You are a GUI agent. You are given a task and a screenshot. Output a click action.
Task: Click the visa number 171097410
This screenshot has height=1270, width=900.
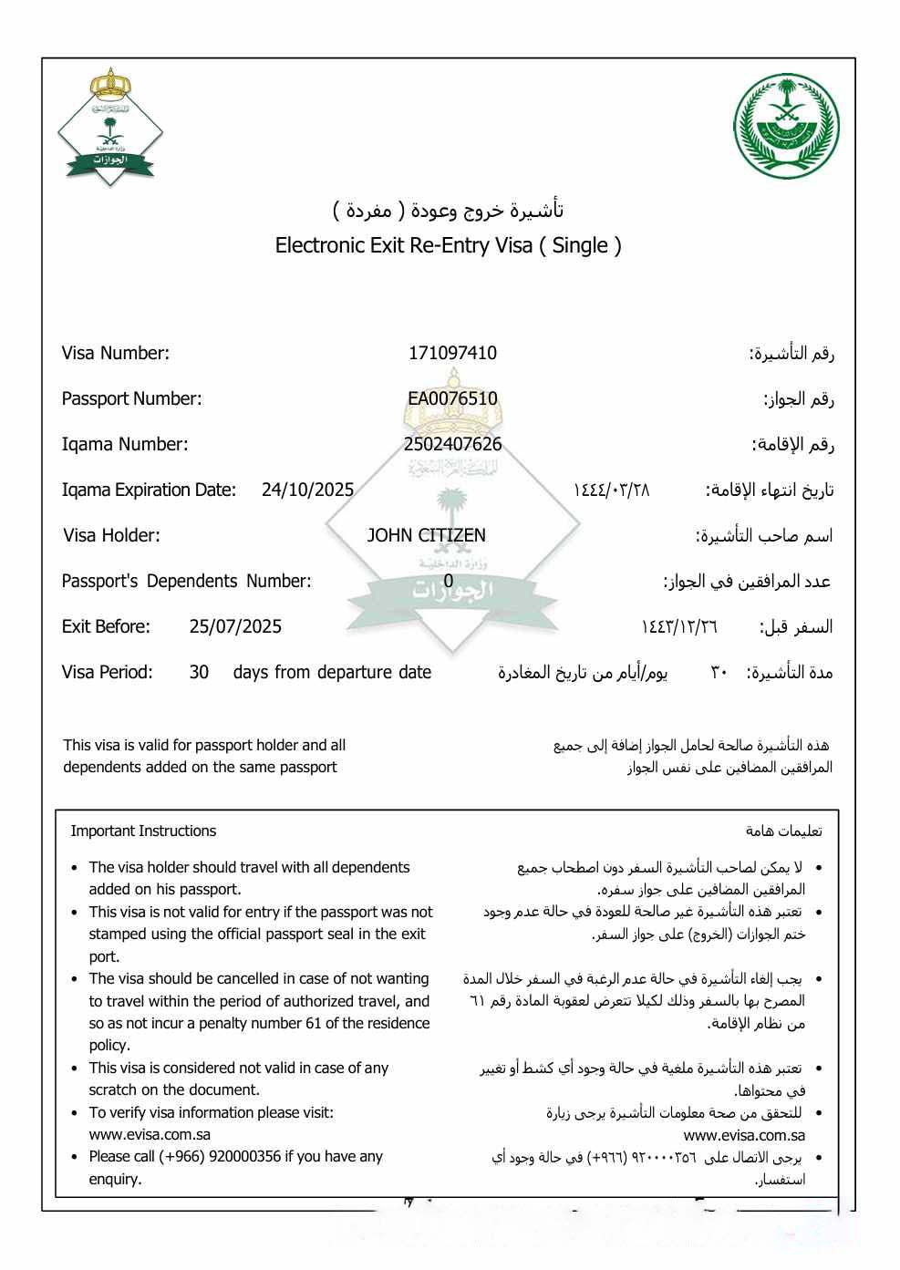point(452,353)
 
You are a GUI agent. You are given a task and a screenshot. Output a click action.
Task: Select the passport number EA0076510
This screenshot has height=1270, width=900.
point(452,398)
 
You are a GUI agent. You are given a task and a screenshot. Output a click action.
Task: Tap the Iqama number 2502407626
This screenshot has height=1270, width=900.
point(452,444)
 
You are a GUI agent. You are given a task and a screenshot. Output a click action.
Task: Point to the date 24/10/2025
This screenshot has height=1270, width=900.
point(307,490)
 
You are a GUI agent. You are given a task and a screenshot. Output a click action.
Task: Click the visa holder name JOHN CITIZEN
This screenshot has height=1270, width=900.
point(426,535)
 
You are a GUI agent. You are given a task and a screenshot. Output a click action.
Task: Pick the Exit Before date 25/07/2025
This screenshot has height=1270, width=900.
point(235,626)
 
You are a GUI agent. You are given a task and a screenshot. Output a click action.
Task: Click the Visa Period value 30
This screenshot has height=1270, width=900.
point(199,672)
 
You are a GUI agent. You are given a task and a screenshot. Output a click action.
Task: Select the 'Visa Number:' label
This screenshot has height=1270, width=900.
point(116,353)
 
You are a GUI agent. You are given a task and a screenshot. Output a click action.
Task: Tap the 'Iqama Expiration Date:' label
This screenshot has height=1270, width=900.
point(149,490)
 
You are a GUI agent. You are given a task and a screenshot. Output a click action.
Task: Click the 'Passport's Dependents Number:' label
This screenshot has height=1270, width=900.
point(186,581)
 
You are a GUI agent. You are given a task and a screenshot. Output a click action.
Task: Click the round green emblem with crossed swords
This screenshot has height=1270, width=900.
point(786,127)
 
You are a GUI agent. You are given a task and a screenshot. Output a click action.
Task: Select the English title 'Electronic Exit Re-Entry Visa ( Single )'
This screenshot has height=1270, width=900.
point(448,245)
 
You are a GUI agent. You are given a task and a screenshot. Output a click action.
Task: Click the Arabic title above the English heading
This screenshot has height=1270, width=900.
point(448,211)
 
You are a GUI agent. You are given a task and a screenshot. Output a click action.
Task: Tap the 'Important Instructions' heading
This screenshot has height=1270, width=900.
point(143,831)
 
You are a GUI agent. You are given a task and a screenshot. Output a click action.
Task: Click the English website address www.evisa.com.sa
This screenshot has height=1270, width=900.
point(150,1134)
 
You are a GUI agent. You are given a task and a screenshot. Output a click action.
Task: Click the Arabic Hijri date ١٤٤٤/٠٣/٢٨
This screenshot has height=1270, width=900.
point(611,490)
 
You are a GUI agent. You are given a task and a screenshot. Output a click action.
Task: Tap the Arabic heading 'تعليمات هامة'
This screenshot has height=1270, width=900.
point(783,831)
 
